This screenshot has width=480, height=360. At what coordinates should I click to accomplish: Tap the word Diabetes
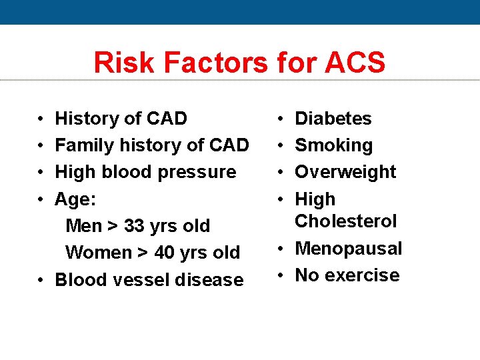[333, 119]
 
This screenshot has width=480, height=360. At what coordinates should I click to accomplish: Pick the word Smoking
[333, 145]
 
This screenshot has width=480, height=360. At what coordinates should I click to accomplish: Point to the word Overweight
[345, 172]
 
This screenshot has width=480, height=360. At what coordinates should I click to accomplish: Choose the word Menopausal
[348, 249]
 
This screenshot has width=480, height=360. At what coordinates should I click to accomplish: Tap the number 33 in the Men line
[135, 226]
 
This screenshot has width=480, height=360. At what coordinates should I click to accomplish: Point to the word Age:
[74, 199]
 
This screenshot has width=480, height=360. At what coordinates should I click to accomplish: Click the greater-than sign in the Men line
[113, 226]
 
